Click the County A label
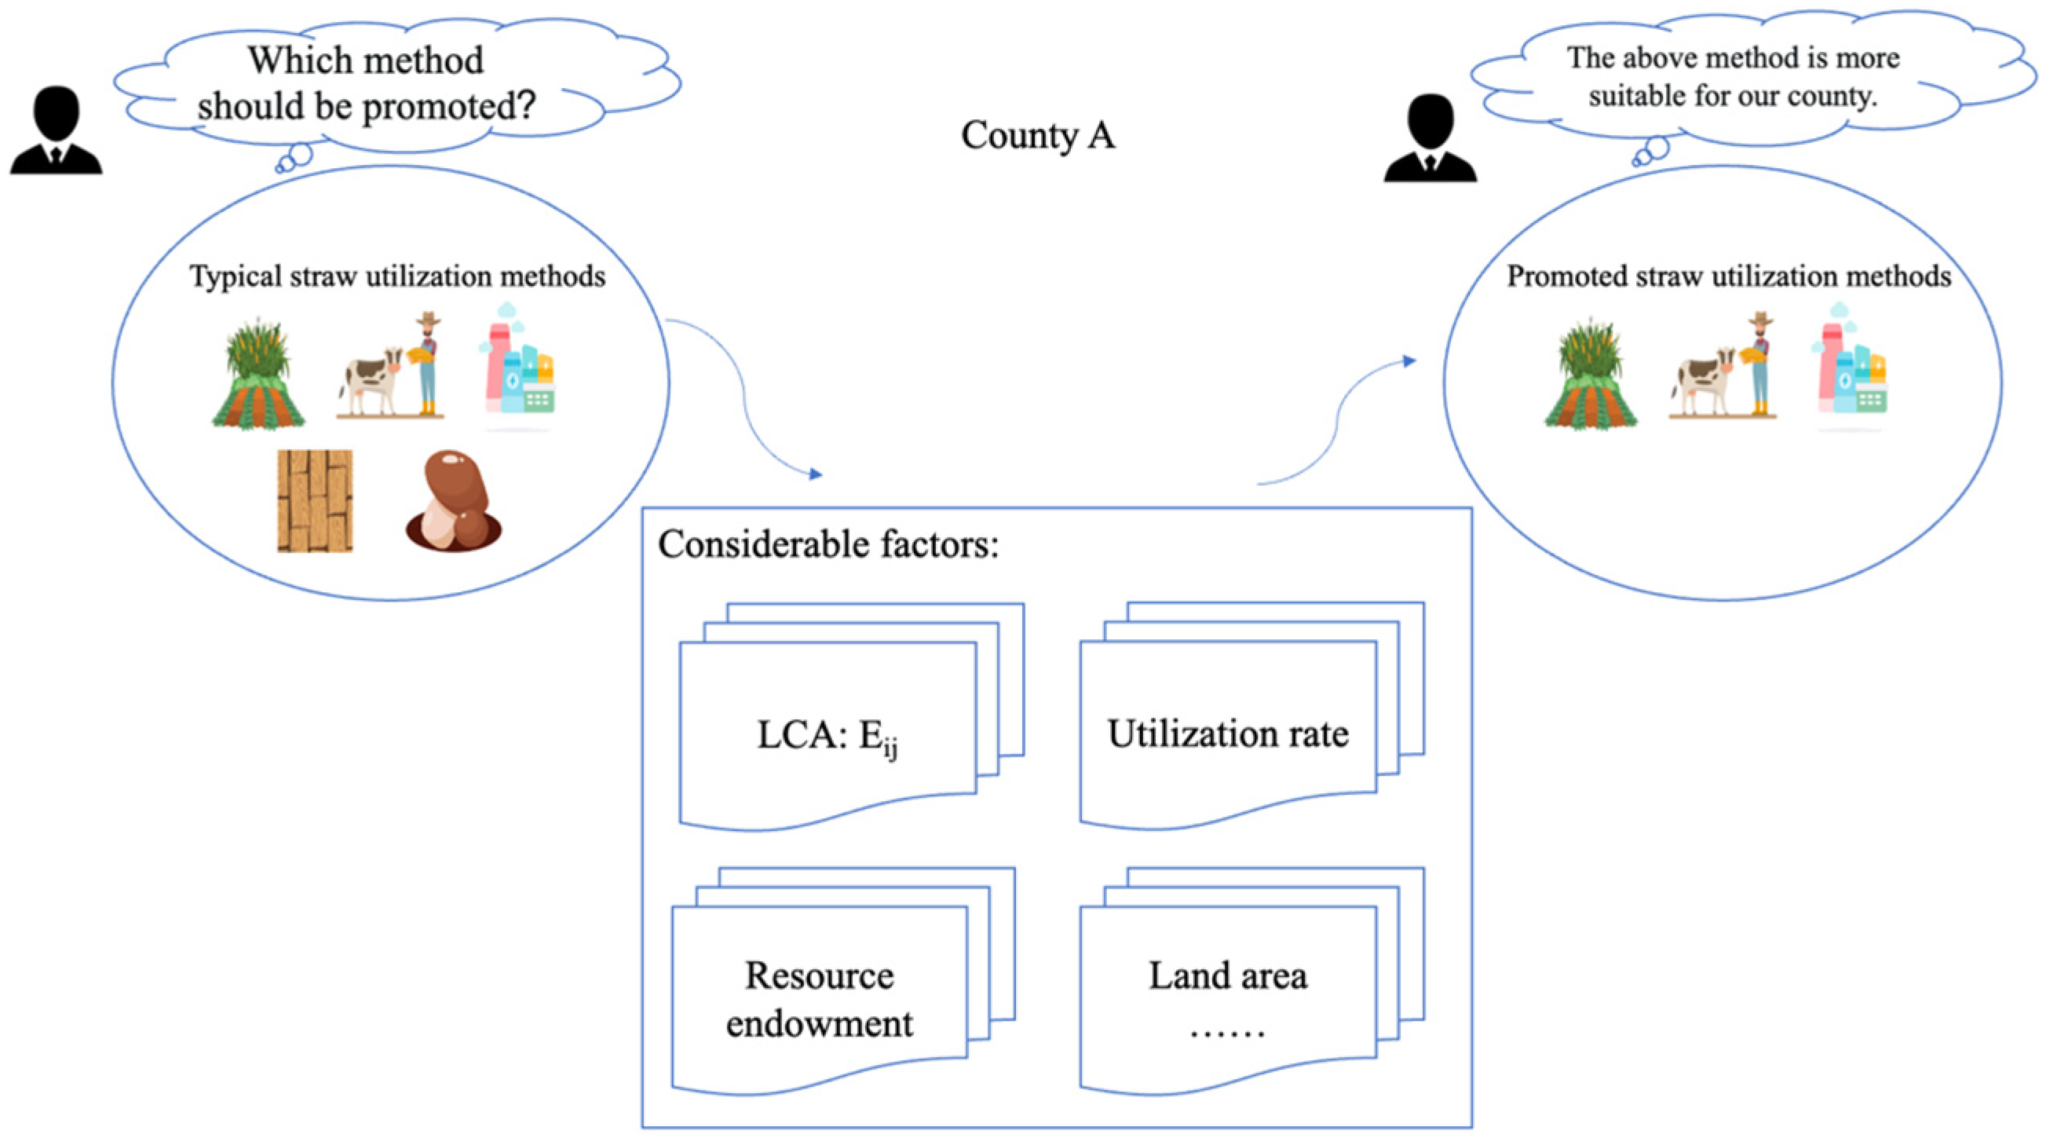[x=1038, y=135]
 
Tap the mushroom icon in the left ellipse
[x=454, y=500]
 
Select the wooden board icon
[x=316, y=500]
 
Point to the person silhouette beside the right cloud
[x=1430, y=138]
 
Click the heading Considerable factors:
[x=828, y=545]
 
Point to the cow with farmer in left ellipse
[x=390, y=365]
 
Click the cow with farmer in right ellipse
[x=1723, y=365]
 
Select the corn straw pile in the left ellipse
[x=258, y=374]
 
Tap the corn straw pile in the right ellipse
[x=1591, y=374]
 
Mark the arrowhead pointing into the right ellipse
[x=1410, y=361]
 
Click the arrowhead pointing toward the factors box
[x=816, y=474]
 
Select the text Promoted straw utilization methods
[x=1729, y=276]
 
